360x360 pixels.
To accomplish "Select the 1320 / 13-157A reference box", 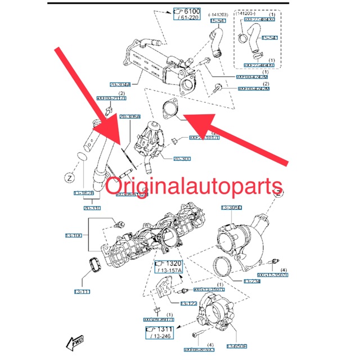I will [x=168, y=269].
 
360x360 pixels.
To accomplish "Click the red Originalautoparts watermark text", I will [x=194, y=186].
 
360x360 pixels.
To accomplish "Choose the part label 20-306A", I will [x=129, y=116].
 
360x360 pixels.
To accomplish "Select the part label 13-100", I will [x=74, y=235].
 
